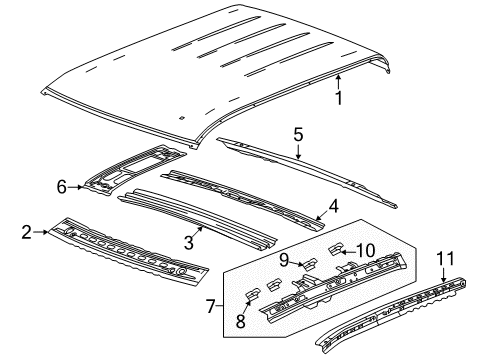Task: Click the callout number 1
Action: pos(338,99)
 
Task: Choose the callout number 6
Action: pos(62,186)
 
